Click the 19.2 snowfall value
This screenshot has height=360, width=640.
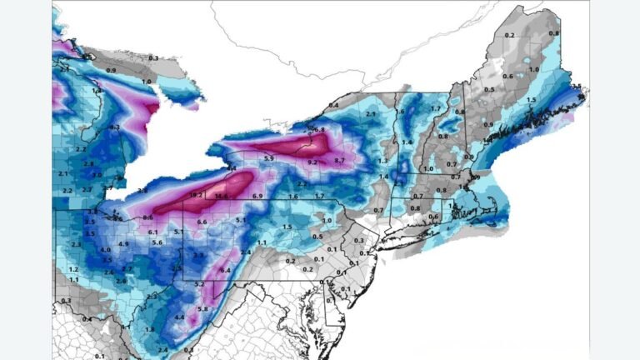pos(197,195)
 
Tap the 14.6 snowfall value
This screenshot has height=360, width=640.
pos(221,196)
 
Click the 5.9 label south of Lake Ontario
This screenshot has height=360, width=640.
pos(269,158)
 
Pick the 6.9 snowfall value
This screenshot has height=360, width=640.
pos(257,196)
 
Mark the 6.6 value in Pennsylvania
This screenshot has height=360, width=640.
pos(202,222)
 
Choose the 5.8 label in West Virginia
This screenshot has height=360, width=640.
pos(202,309)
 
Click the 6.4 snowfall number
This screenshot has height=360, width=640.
pos(225,271)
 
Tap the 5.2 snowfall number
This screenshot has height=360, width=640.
pos(199,285)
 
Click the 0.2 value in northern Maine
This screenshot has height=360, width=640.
pos(509,35)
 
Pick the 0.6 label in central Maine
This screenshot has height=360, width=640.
pos(507,77)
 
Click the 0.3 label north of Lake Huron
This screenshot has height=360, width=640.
pos(153,57)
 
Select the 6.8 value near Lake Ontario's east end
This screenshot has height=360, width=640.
pos(319,130)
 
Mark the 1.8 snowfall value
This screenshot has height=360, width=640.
pos(150,329)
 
